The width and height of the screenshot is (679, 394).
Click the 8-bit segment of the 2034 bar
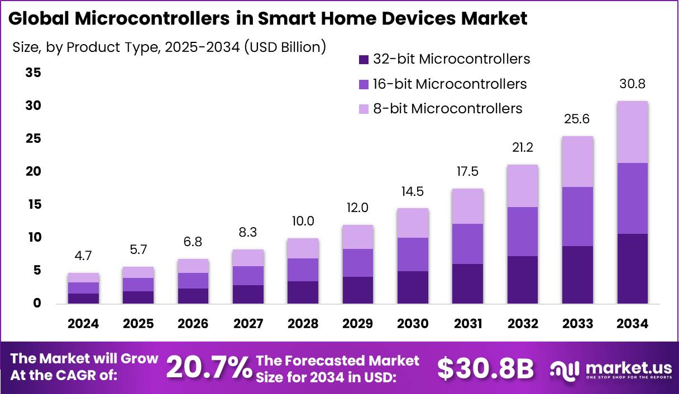[632, 132]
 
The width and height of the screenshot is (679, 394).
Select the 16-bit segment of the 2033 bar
[577, 217]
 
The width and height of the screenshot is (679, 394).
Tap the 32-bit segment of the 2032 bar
[523, 280]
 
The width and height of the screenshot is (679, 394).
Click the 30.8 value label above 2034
[632, 84]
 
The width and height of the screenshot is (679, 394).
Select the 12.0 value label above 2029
[357, 208]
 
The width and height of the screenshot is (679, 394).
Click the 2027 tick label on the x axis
[247, 324]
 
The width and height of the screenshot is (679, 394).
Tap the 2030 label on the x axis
[412, 324]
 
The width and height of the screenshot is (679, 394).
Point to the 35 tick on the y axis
[33, 73]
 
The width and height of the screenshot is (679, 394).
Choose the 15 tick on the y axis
[33, 205]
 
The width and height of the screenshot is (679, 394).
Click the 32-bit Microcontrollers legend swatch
[364, 59]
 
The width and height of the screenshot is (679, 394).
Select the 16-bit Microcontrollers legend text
[450, 84]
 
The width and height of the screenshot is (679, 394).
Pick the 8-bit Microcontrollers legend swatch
[364, 109]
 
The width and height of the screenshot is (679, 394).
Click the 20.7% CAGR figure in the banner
[209, 368]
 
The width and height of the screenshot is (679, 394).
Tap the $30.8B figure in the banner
[485, 368]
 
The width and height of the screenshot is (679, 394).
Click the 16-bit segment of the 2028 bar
[302, 270]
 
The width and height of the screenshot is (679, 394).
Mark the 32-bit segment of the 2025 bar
[138, 297]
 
